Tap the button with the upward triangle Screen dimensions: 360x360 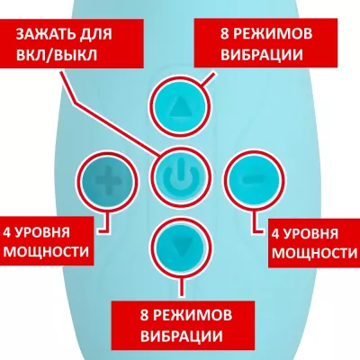pos(180,106)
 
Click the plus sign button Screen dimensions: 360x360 pos(107,181)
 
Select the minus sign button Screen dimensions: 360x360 pos(254,180)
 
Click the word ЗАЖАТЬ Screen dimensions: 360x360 pos(41,34)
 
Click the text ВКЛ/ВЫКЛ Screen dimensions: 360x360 pos(57,55)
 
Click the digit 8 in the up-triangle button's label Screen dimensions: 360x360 pos(225,33)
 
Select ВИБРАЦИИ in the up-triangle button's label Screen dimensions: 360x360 pos(262,55)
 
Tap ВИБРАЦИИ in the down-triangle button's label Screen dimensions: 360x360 pos(182,336)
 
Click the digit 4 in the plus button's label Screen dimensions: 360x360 pos(7,232)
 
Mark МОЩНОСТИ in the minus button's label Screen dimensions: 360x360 pos(315,253)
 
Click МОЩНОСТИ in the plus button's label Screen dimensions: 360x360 pos(46,251)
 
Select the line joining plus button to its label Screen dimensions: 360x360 pos(105,221)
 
